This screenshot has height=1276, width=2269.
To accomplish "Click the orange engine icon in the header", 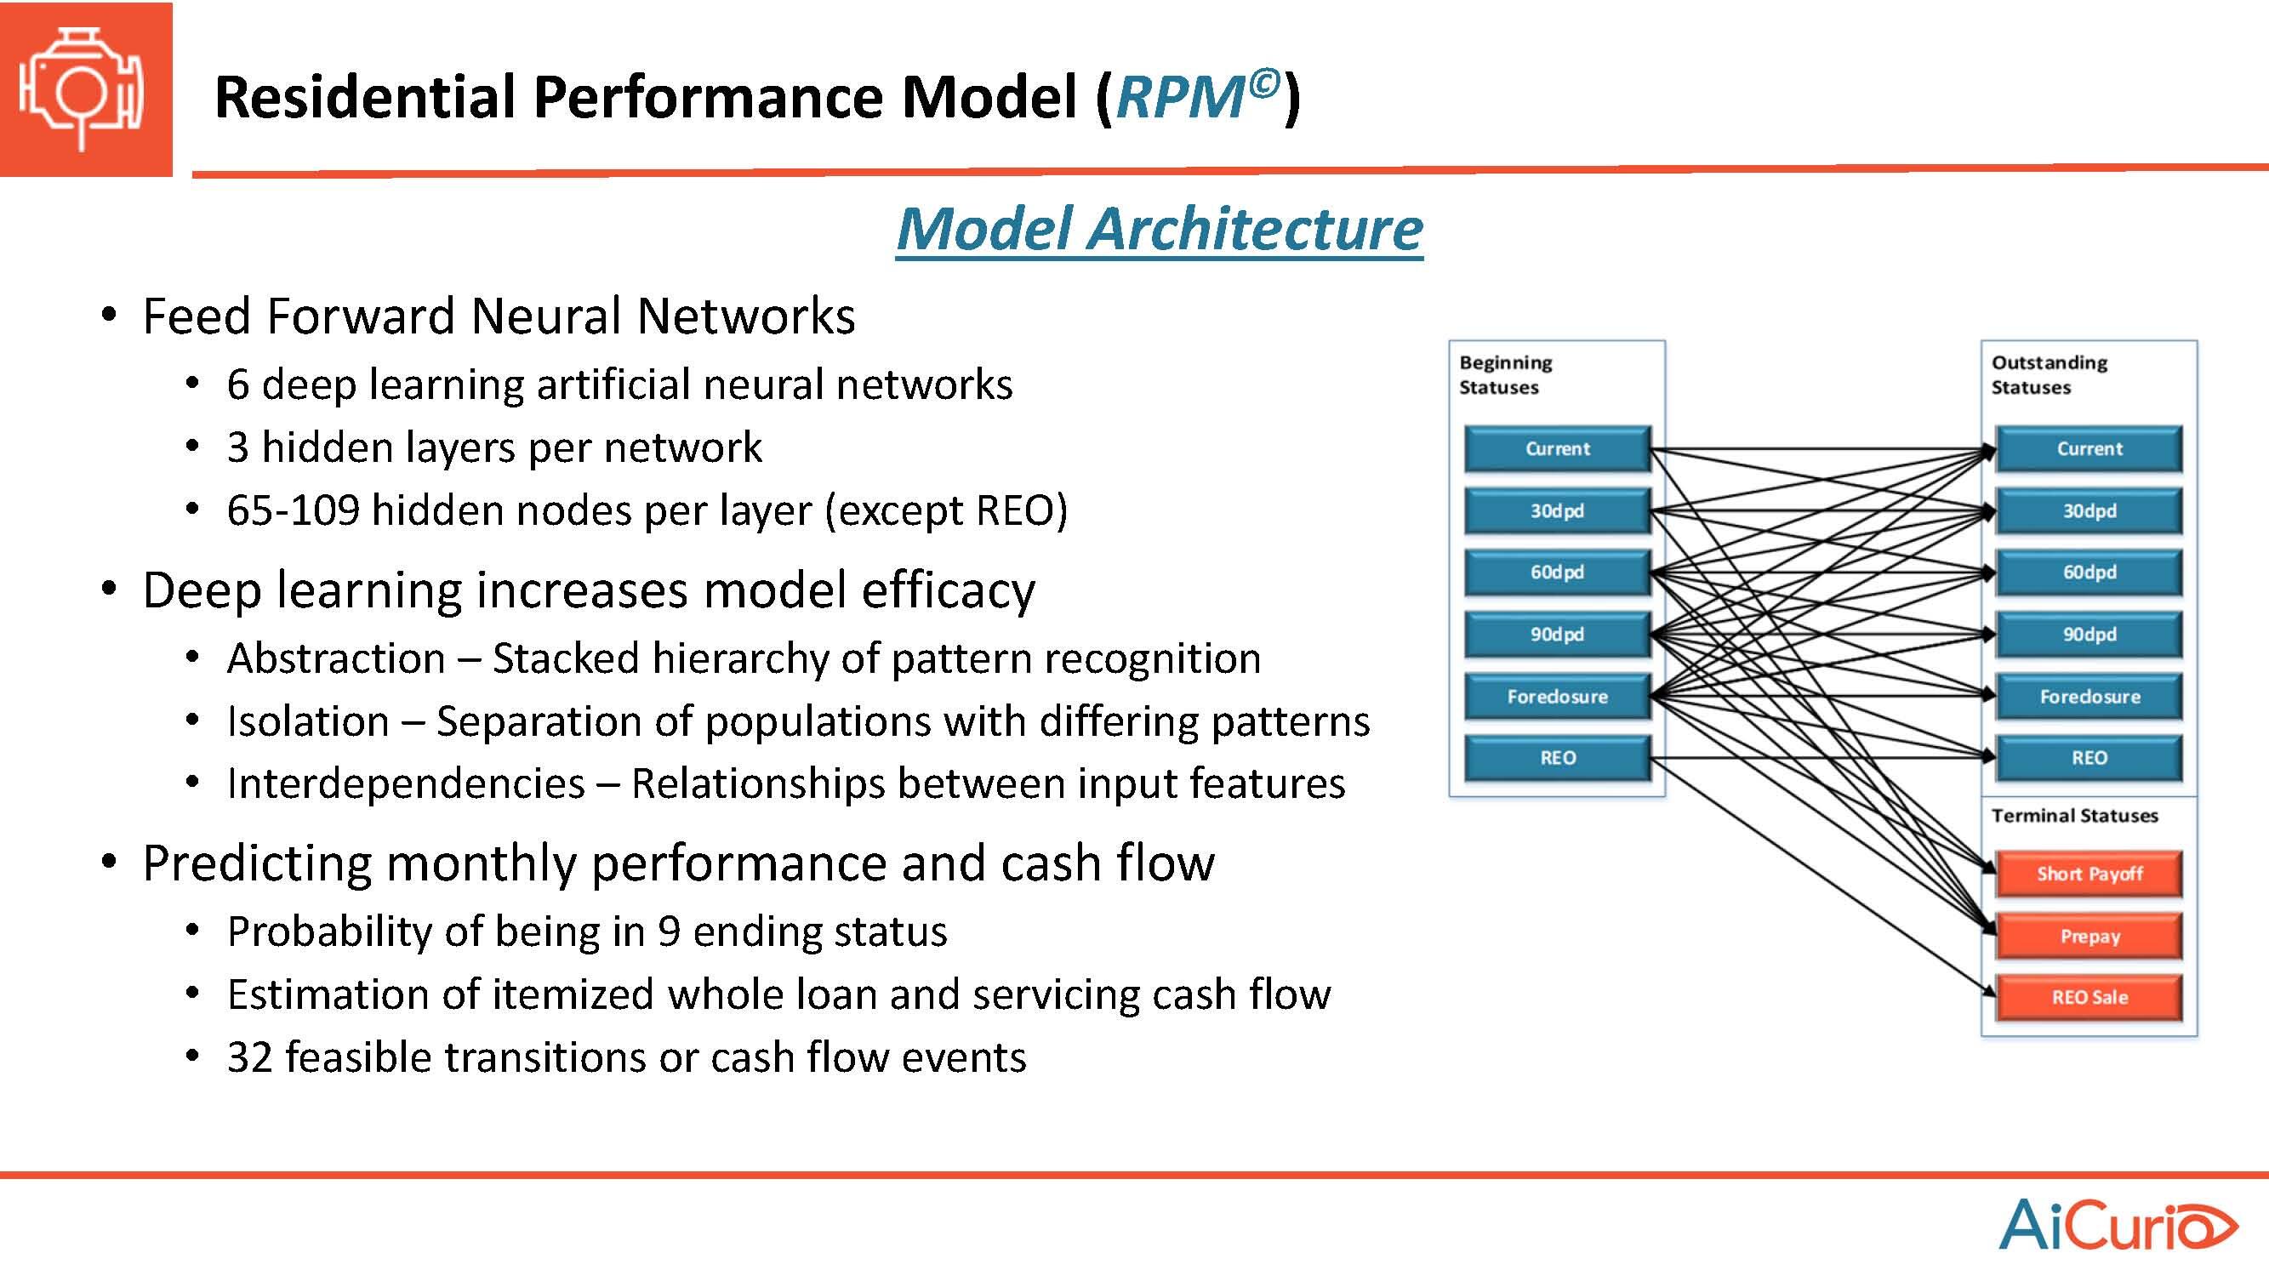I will [x=85, y=89].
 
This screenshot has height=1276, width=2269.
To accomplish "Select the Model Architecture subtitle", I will [x=1159, y=228].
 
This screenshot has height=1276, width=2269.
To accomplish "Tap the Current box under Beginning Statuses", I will [x=1557, y=449].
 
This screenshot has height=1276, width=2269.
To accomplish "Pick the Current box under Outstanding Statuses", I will [x=2089, y=449].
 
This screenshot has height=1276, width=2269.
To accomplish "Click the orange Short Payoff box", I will [x=2089, y=874].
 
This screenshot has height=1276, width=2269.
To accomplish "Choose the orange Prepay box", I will [x=2089, y=936].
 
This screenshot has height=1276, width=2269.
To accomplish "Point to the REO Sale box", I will [x=2089, y=998].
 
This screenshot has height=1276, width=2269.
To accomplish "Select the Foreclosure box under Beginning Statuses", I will [x=1557, y=697].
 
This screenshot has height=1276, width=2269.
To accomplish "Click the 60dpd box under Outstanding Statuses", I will [x=2089, y=572].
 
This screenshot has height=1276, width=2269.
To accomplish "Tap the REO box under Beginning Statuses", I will [x=1557, y=758].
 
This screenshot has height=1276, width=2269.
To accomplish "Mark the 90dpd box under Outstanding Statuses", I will [x=2089, y=635].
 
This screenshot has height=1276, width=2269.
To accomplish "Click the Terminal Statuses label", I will [x=2074, y=816].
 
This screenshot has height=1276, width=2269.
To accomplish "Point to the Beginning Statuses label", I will [x=1505, y=374].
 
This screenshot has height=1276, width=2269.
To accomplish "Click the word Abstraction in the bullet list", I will [x=335, y=658].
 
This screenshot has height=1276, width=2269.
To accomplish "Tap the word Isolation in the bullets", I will [x=307, y=721].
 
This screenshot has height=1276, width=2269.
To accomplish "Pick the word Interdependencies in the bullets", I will [x=405, y=783].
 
